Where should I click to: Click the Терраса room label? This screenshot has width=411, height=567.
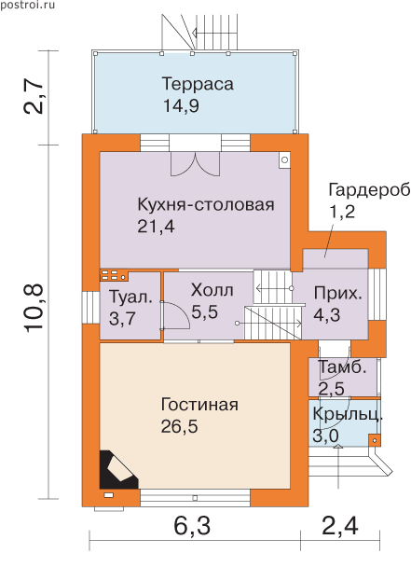coord(198,84)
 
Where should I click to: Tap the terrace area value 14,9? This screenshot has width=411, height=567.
coord(181,106)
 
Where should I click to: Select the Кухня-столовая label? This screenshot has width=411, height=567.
coord(206,204)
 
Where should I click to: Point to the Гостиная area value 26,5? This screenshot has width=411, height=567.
coord(179,427)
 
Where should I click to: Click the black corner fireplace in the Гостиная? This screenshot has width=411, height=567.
coord(116,471)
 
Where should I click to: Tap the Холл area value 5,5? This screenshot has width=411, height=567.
coord(205,311)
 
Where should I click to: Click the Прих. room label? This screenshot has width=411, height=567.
coord(337,293)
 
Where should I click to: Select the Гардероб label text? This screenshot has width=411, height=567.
coord(369,190)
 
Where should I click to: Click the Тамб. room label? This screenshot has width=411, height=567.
coord(342,367)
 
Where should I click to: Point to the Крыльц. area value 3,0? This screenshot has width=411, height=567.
coord(325,436)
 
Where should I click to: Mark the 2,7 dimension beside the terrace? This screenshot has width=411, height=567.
coord(34,97)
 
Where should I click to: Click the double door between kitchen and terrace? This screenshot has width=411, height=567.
coord(195,164)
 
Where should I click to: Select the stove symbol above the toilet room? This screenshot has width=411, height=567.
coord(115,275)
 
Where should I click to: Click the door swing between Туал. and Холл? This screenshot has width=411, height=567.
coord(175,315)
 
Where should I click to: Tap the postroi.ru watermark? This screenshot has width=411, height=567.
coord(27,5)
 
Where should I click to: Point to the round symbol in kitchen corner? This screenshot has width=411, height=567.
coord(284,159)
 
